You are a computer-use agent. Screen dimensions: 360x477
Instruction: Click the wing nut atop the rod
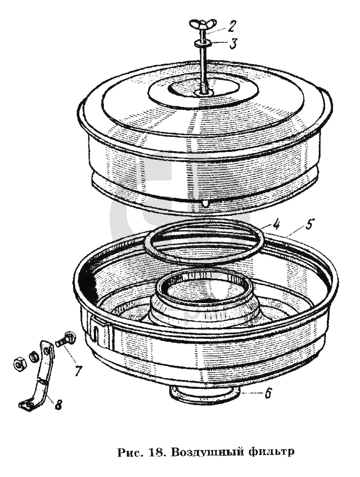(x=203, y=24)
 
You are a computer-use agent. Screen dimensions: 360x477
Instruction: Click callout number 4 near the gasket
(x=276, y=226)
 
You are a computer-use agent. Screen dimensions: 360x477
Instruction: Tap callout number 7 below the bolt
(x=78, y=370)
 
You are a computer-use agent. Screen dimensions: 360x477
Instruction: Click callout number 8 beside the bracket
(x=58, y=405)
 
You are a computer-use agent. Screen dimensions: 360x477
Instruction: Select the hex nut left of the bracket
(x=19, y=364)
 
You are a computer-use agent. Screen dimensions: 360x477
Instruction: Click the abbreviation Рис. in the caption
(x=130, y=452)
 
